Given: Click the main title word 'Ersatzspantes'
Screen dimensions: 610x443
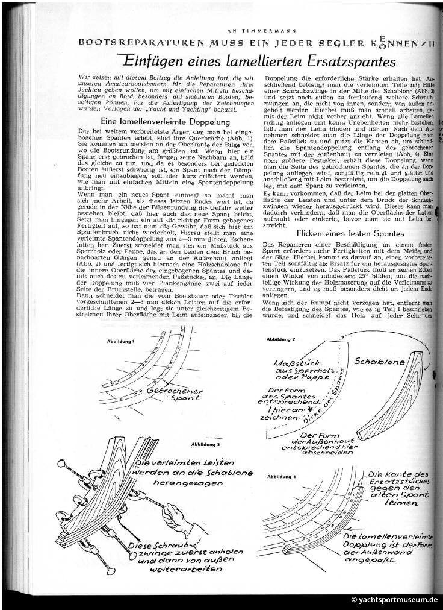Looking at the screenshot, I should click(x=337, y=61).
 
